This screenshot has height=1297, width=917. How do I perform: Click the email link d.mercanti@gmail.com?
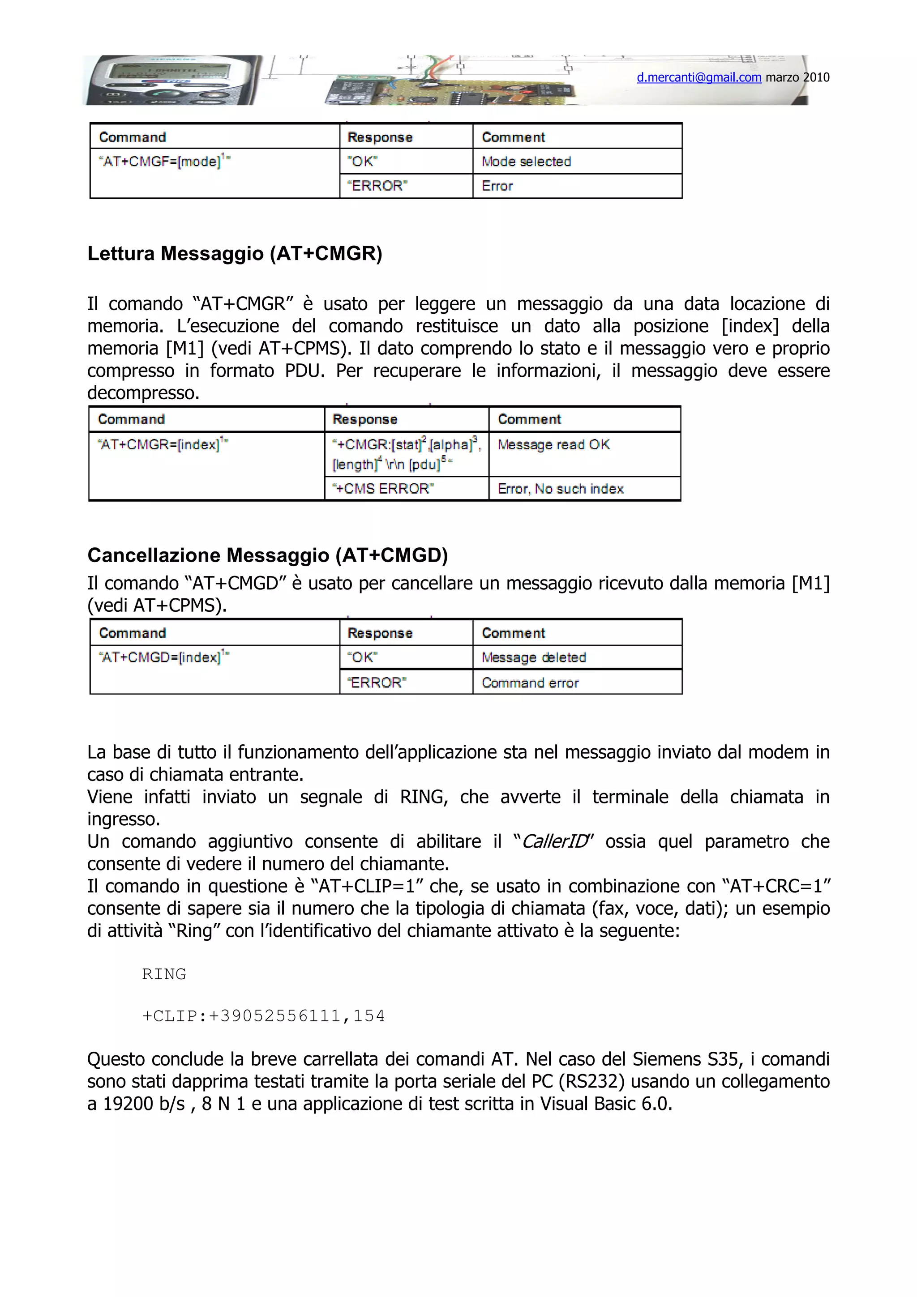(699, 77)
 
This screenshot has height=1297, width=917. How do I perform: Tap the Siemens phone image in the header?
(170, 80)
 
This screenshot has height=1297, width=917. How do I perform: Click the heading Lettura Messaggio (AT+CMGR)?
(235, 254)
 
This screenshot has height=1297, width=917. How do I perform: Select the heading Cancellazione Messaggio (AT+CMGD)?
(267, 555)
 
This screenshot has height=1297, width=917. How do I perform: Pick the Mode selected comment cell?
(526, 162)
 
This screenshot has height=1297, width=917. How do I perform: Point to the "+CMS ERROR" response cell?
(384, 489)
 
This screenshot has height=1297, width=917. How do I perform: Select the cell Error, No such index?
(560, 489)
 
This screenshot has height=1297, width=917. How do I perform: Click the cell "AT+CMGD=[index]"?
(164, 657)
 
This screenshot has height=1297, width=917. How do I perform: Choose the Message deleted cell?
(533, 657)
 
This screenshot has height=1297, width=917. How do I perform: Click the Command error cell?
(530, 683)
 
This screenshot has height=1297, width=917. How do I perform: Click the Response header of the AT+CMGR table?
(365, 419)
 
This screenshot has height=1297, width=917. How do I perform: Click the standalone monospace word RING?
(164, 974)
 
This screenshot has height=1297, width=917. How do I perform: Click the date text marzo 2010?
(797, 77)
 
